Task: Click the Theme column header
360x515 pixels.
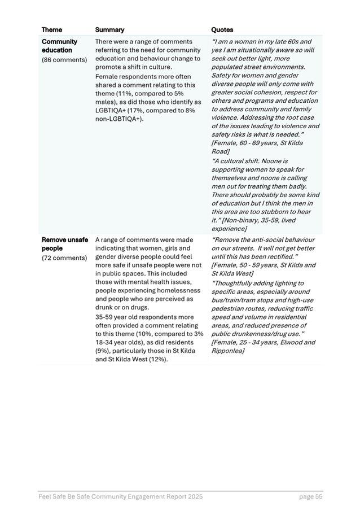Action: point(52,30)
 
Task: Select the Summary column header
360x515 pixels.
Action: point(109,30)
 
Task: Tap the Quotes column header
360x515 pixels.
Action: point(222,30)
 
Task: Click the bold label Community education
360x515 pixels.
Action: point(59,46)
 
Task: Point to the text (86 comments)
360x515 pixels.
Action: point(64,59)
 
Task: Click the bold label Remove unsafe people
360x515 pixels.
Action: point(64,244)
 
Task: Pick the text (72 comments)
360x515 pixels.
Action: point(64,257)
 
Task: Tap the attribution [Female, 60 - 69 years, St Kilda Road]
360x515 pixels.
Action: point(257,147)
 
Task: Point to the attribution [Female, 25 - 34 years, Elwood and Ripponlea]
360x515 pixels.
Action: point(263,346)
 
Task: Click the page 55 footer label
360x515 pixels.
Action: point(311,497)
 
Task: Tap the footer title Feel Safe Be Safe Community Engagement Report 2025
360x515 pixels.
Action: point(120,497)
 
